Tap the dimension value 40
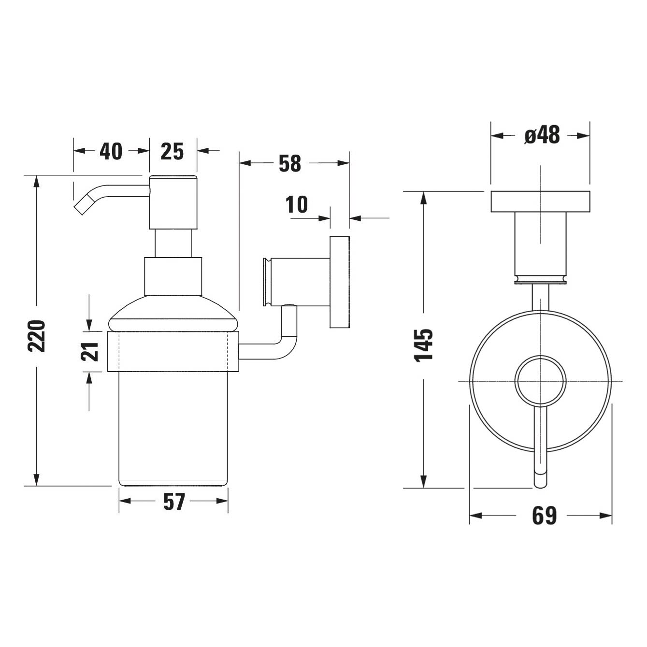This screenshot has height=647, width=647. (x=111, y=151)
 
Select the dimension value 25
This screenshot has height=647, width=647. (x=172, y=151)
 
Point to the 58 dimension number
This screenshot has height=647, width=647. (x=290, y=163)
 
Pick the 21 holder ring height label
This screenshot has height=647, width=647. (x=90, y=352)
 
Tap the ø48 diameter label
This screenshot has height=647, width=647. (x=542, y=135)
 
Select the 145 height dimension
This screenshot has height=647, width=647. (x=424, y=345)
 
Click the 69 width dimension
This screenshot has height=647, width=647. (x=544, y=516)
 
